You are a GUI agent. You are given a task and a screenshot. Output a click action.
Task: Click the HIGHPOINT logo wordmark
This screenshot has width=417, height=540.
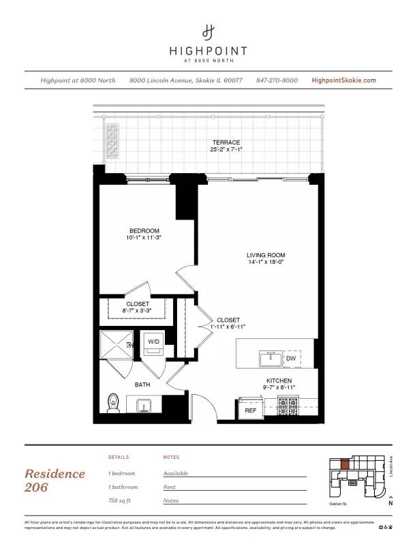click(208, 50)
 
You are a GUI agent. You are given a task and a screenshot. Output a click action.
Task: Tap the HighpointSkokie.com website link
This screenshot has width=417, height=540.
click(343, 80)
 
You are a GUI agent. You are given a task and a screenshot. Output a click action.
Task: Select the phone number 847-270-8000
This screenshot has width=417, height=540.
click(277, 80)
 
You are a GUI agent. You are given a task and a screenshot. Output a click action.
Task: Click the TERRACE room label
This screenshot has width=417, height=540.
click(226, 142)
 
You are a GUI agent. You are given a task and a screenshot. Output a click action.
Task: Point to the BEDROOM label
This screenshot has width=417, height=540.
click(144, 230)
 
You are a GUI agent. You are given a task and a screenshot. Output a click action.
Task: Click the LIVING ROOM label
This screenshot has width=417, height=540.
click(266, 256)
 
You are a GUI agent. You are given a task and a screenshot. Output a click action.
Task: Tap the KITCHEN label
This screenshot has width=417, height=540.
click(279, 380)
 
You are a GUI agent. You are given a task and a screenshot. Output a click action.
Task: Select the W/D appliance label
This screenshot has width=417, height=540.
click(153, 342)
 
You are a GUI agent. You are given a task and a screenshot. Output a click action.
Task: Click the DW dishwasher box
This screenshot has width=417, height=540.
click(291, 358)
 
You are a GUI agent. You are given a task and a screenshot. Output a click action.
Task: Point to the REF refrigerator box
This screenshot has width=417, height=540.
click(250, 410)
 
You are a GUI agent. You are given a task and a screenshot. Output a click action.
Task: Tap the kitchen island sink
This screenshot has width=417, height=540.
click(271, 357)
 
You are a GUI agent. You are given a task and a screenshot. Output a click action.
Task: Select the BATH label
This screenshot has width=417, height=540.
click(142, 385)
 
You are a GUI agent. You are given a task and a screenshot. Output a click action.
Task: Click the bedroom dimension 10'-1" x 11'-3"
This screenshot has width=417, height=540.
click(144, 238)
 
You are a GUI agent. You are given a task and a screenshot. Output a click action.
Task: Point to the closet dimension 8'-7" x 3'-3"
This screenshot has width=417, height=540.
click(137, 311)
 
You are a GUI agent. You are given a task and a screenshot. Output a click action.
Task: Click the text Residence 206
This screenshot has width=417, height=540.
click(55, 480)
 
